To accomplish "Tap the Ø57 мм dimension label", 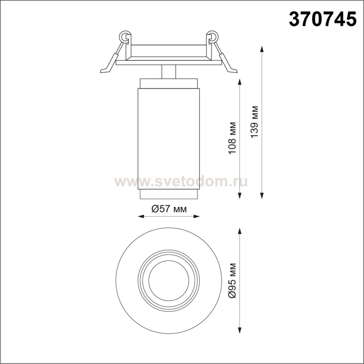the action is [169, 209].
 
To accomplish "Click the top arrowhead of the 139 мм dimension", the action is [262, 49].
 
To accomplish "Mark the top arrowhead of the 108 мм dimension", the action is [240, 82].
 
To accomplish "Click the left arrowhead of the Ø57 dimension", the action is [141, 216].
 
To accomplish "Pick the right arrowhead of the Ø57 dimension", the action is [196, 216].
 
